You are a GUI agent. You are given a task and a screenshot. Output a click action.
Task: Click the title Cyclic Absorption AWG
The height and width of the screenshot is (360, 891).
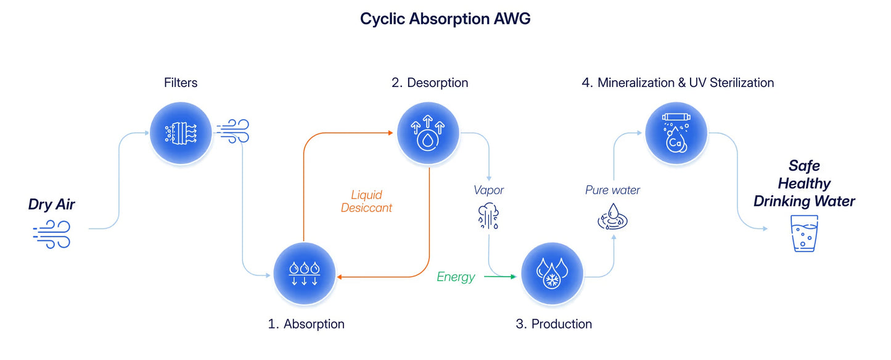coord(445,18)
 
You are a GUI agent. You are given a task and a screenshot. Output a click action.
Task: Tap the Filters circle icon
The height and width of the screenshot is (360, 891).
coord(181,133)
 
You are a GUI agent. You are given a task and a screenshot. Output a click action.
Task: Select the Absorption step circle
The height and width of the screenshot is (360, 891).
coord(304,274)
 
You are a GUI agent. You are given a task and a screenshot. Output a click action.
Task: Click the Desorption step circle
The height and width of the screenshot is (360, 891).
coord(428,133)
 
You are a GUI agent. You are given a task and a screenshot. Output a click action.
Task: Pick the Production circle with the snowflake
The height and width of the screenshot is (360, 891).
coord(552,274)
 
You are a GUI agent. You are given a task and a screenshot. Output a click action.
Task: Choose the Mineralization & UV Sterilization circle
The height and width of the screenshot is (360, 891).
coord(676,133)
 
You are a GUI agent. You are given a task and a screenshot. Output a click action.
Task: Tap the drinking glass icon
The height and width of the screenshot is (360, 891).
coord(804,234)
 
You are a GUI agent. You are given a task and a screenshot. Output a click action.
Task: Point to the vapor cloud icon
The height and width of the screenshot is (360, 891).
coord(488,216)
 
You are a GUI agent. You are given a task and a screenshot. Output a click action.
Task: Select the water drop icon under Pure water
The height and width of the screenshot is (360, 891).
coord(612,217)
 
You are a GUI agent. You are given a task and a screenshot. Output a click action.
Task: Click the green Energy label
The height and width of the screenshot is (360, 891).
coord(456,276)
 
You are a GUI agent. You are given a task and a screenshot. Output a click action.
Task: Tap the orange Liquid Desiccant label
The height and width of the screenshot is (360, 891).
coord(366,202)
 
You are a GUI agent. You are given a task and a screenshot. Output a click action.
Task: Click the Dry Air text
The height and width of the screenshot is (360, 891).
coord(51,205)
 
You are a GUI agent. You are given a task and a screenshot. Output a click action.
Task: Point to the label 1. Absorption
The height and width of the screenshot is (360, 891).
coord(306,324)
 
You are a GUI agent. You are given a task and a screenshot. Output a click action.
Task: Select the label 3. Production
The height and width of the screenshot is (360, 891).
coord(554,324)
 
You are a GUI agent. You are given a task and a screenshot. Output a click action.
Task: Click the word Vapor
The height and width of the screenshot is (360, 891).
coord(488,190)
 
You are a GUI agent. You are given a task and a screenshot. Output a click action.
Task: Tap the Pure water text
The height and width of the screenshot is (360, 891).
coord(612,190)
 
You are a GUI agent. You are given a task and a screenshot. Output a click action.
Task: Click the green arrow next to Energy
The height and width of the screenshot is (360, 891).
coord(500,276)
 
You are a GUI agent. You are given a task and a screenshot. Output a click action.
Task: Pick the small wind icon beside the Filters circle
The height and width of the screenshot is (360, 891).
coord(233,131)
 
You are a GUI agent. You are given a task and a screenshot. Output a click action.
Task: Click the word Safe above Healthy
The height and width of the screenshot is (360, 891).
coord(804,165)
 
